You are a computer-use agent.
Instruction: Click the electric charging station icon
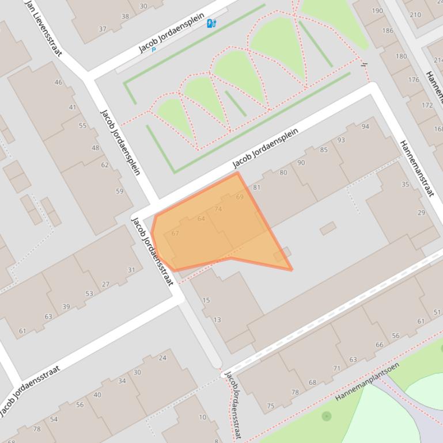[211, 24]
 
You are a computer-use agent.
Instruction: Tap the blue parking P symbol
[154, 50]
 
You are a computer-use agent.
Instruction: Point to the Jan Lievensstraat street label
[43, 28]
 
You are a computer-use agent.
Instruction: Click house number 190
[377, 11]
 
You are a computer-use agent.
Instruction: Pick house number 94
[365, 127]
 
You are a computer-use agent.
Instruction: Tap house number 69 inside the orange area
[240, 197]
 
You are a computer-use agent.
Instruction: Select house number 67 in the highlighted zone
[175, 233]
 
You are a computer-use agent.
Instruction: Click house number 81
[256, 187]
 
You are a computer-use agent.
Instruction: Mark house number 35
[405, 184]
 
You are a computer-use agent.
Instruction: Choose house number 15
[206, 300]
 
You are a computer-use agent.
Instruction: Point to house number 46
[58, 82]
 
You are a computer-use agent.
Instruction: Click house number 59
[120, 191]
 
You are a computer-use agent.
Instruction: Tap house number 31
[131, 270]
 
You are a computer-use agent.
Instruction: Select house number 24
[162, 357]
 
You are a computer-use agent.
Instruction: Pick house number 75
[271, 406]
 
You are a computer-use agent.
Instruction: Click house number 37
[103, 29]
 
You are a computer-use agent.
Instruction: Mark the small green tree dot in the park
[327, 415]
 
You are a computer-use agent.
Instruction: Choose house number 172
[427, 105]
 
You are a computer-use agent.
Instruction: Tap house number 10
[202, 417]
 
